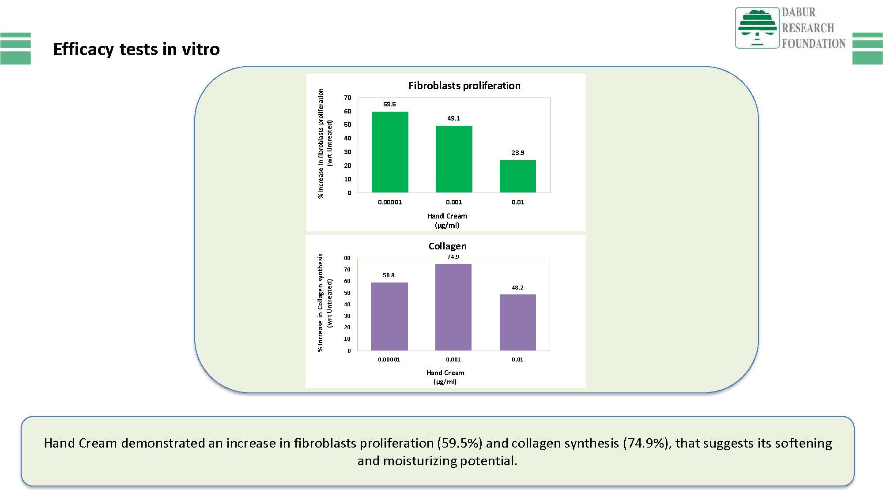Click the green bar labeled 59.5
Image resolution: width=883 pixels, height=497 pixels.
pyautogui.click(x=390, y=152)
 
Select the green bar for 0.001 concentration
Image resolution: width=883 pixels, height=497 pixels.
pyautogui.click(x=454, y=159)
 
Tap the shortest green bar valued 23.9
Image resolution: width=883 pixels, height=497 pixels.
pyautogui.click(x=518, y=176)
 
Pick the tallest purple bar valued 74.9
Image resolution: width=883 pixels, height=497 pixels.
pyautogui.click(x=453, y=307)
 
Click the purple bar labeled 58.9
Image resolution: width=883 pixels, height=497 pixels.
pyautogui.click(x=389, y=316)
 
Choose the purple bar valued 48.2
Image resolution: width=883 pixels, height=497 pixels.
pyautogui.click(x=518, y=322)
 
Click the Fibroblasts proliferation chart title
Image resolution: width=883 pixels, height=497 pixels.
pyautogui.click(x=464, y=86)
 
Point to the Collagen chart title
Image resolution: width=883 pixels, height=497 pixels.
pyautogui.click(x=447, y=246)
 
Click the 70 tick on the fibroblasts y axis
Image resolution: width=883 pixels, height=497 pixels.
pyautogui.click(x=348, y=98)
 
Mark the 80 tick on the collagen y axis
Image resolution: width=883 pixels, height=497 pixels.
pyautogui.click(x=347, y=258)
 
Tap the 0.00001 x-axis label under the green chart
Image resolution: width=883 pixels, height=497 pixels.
pyautogui.click(x=390, y=202)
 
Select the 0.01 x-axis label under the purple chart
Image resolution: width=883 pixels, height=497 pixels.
pyautogui.click(x=517, y=359)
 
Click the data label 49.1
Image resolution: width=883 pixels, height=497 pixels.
pyautogui.click(x=453, y=118)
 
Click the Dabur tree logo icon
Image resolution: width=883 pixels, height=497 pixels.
pyautogui.click(x=757, y=27)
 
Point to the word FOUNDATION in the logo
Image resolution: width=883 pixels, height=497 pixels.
pyautogui.click(x=814, y=43)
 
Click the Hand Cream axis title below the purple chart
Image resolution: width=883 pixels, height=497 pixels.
pyautogui.click(x=445, y=377)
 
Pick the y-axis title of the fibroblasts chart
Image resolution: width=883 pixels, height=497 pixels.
pyautogui.click(x=325, y=143)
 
